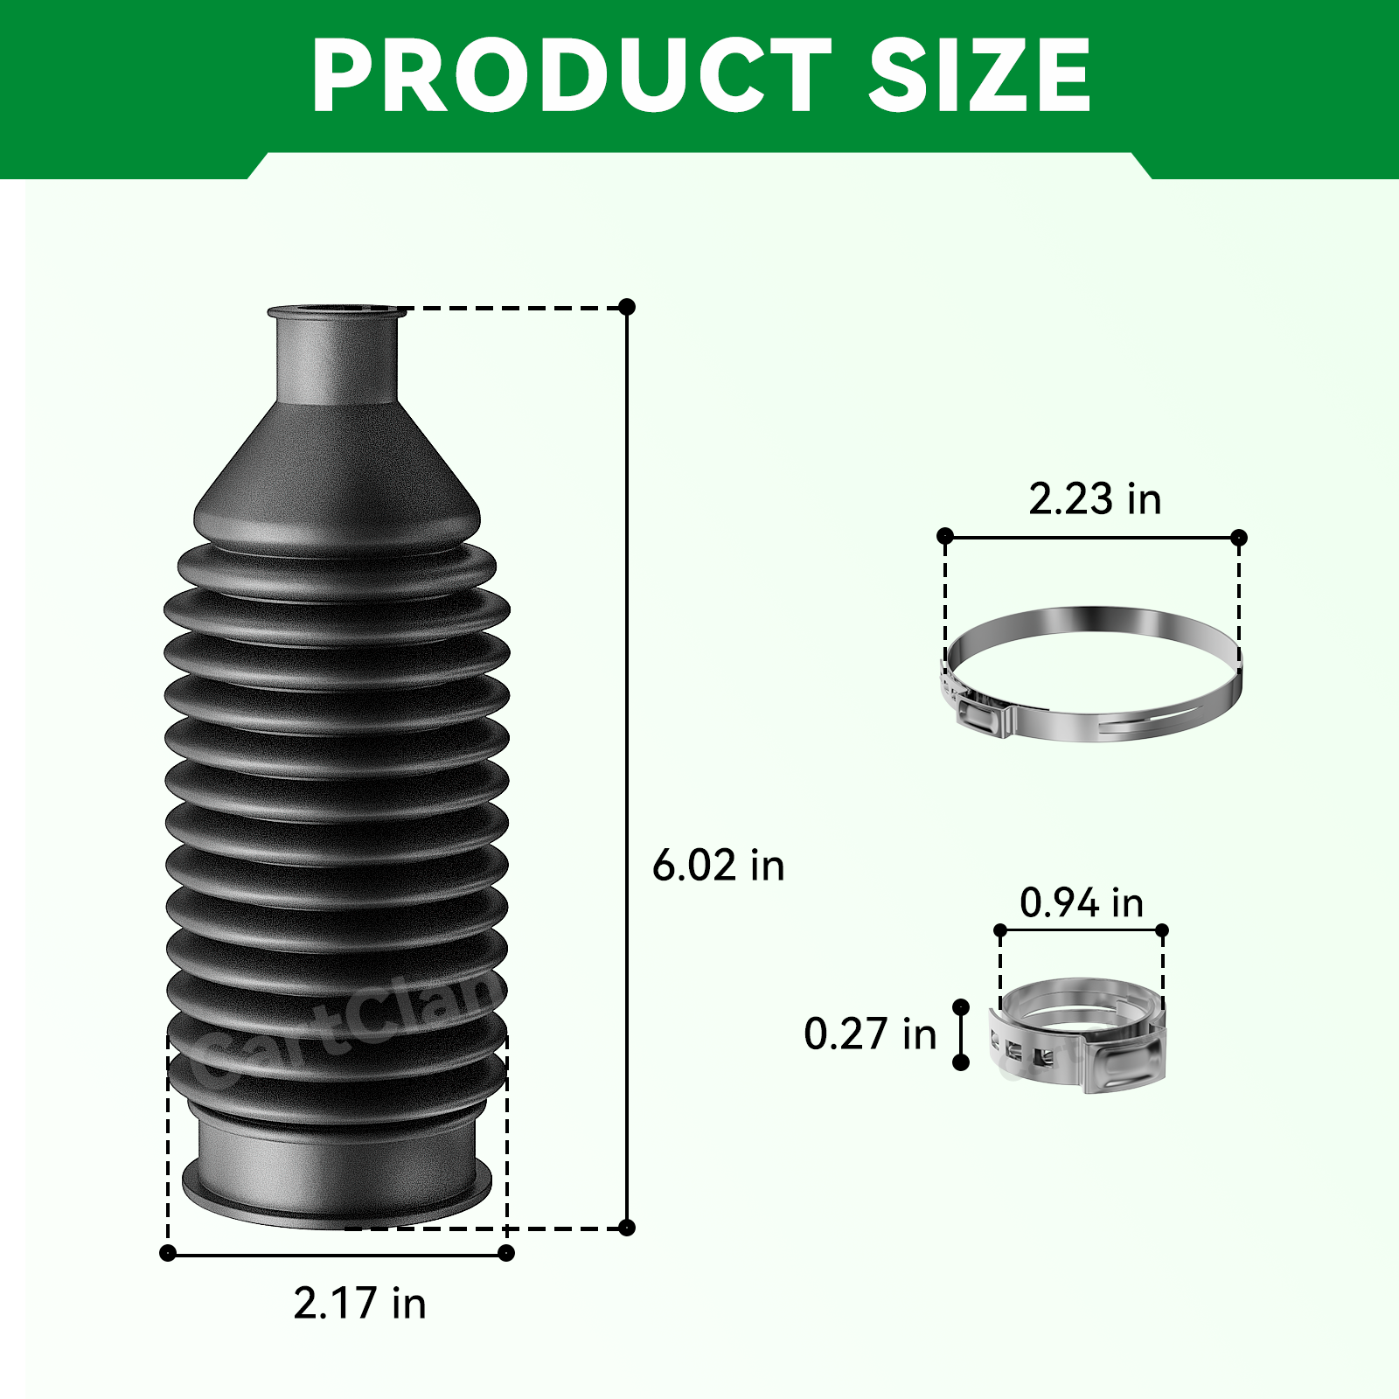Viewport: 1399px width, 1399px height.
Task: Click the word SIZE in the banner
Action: coord(979,75)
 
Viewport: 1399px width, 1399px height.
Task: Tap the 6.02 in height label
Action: coord(719,866)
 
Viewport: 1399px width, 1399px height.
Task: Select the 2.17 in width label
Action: coord(359,1303)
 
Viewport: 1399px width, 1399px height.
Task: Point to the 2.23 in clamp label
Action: coord(1095,498)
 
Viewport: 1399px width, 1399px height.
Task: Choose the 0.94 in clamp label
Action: coord(1082,902)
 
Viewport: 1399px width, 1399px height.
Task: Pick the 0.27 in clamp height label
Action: coord(870,1034)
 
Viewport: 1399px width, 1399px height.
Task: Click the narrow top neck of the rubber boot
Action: coord(336,354)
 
